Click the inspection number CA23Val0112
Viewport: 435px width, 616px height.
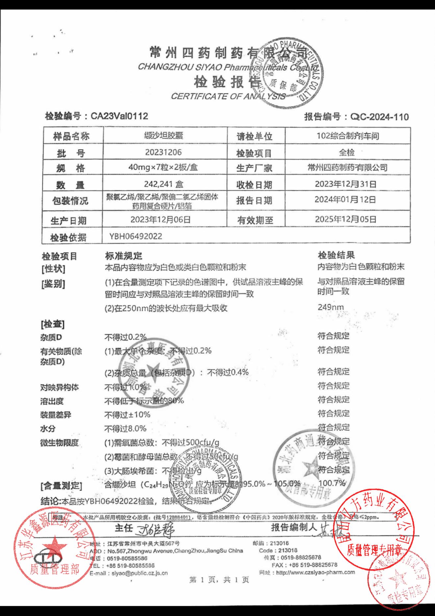point(119,116)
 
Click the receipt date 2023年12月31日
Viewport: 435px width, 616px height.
point(345,184)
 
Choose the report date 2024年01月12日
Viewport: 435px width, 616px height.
point(345,200)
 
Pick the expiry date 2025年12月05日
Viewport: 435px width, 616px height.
point(345,219)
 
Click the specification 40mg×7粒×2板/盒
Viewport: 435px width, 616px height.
point(163,168)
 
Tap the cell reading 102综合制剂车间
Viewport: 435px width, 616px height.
point(347,136)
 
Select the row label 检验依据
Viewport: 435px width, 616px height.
point(68,237)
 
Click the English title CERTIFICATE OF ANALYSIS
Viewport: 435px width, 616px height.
point(228,96)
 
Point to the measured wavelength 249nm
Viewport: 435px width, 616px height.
point(331,308)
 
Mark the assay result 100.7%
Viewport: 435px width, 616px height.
point(332,483)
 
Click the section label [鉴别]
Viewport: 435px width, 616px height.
point(53,284)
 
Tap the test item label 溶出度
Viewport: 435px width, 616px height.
point(52,401)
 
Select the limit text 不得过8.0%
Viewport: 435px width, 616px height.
point(125,429)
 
